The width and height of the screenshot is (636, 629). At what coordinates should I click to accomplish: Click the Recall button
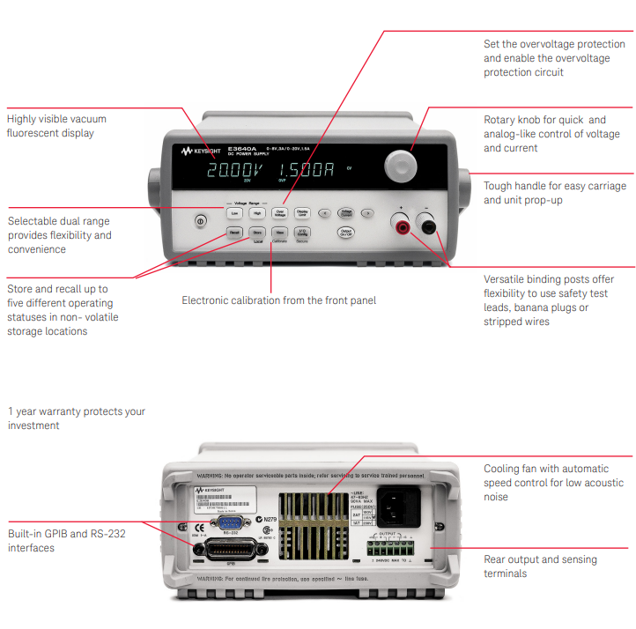[234, 233]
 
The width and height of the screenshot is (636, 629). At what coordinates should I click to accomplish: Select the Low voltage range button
[234, 212]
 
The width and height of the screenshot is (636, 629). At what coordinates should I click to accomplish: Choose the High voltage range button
[257, 212]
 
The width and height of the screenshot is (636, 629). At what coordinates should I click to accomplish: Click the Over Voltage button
[280, 212]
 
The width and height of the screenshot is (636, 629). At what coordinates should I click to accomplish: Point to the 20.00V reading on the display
[233, 170]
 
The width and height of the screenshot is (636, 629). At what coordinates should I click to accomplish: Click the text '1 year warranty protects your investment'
[76, 418]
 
